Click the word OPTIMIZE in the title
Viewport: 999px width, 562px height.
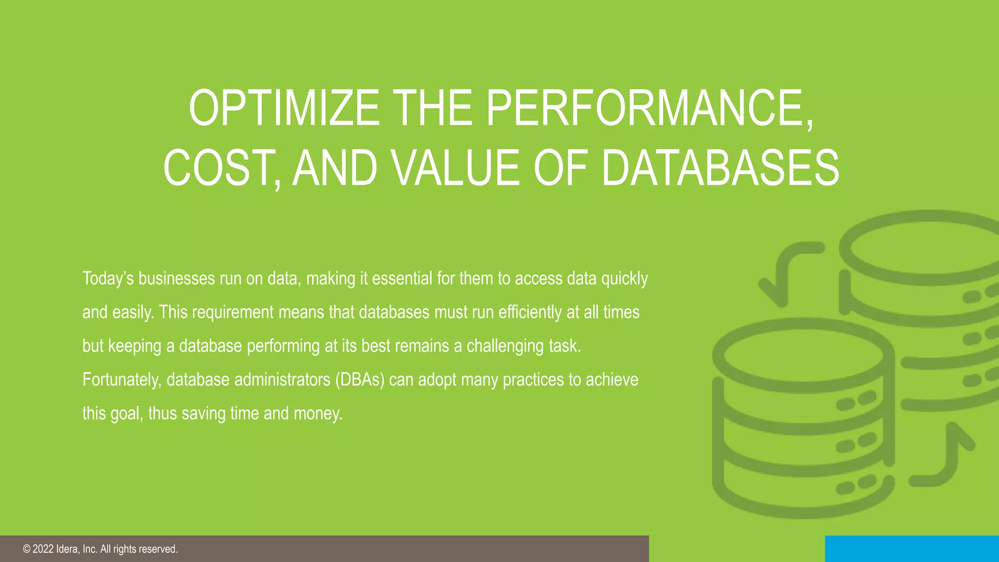click(284, 108)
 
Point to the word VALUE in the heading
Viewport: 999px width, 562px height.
click(457, 168)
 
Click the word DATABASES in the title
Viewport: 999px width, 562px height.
click(720, 168)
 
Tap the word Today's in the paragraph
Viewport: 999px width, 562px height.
click(108, 279)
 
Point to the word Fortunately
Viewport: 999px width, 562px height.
click(121, 380)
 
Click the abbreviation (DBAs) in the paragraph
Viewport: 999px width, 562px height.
click(360, 380)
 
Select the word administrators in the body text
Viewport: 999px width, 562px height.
click(282, 380)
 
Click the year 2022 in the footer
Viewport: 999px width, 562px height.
click(43, 549)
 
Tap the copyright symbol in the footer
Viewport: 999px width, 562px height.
click(26, 549)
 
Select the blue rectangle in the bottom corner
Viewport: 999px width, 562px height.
click(912, 548)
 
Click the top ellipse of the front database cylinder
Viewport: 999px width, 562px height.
click(803, 355)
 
